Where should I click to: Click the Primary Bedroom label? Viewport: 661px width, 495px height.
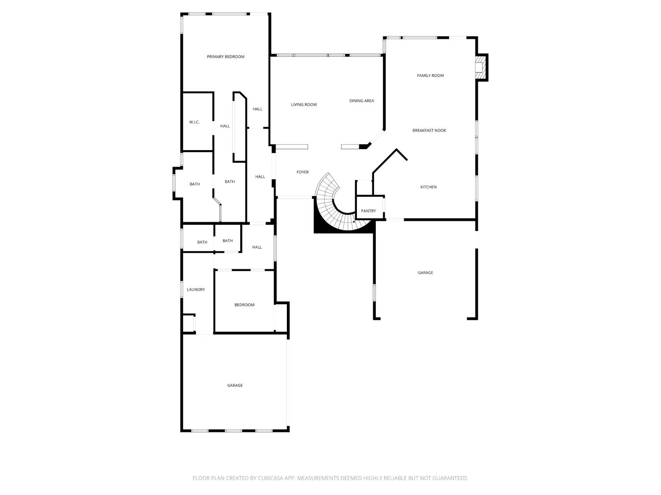(225, 56)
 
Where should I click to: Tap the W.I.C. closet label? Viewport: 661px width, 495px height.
(194, 122)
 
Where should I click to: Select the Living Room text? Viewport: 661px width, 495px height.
(304, 105)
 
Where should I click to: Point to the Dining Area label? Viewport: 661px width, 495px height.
(361, 101)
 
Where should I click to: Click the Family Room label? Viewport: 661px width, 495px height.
(430, 75)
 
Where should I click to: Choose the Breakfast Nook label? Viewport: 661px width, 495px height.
(429, 130)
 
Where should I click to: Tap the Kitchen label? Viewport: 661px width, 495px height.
(428, 187)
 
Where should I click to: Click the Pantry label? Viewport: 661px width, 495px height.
(368, 211)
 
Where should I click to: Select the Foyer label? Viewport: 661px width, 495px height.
(302, 172)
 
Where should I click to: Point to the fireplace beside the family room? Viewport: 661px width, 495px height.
(481, 67)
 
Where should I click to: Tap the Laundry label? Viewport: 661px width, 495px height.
(196, 290)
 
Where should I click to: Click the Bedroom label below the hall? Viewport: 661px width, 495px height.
(244, 305)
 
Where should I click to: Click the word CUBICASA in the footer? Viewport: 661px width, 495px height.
(271, 478)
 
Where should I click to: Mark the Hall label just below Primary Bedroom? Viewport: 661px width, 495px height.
(257, 109)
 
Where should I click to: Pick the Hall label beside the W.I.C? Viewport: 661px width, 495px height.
(225, 126)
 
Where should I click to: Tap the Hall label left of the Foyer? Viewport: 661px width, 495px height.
(260, 176)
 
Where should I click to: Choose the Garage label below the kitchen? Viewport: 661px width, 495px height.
(425, 273)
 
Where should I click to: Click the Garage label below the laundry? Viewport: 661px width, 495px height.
(234, 385)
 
